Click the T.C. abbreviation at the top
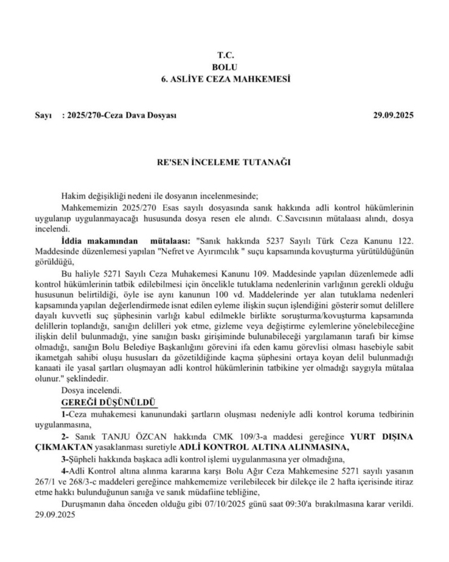pos(226,55)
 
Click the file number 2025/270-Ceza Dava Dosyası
pos(119,116)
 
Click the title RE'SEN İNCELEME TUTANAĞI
pos(225,163)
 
